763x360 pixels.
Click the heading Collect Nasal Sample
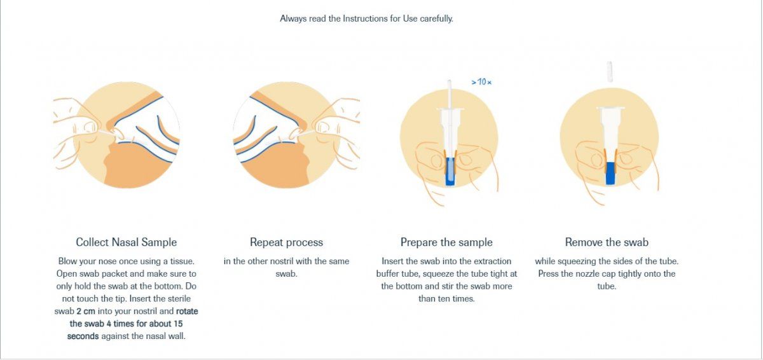(126, 242)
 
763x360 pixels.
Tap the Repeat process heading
(286, 242)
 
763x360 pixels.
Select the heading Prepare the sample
(446, 242)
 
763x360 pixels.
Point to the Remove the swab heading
(607, 242)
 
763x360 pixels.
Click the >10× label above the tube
(481, 82)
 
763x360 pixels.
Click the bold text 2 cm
(86, 311)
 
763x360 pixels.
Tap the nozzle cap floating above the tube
(610, 71)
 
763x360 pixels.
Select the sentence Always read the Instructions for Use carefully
(366, 18)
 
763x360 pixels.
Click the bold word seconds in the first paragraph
(83, 336)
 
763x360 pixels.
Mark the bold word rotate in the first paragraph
(187, 311)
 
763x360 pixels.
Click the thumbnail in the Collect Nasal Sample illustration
(90, 128)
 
